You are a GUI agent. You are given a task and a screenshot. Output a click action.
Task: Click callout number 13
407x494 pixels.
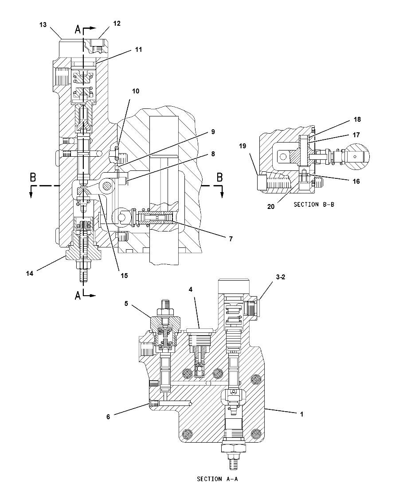pyautogui.click(x=43, y=25)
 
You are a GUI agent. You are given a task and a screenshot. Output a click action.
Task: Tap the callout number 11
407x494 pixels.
pyautogui.click(x=138, y=50)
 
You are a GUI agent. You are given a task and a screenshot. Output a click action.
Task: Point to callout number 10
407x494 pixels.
pyautogui.click(x=135, y=91)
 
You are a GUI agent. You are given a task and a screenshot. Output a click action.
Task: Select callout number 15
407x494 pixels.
pyautogui.click(x=124, y=275)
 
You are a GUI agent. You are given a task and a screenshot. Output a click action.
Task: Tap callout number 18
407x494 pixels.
pyautogui.click(x=357, y=120)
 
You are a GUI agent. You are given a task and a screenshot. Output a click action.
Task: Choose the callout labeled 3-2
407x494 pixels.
pyautogui.click(x=280, y=278)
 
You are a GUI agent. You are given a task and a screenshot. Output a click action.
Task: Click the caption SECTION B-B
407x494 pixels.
pyautogui.click(x=312, y=205)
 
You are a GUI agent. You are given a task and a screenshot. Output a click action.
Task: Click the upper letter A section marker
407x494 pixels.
pyautogui.click(x=78, y=30)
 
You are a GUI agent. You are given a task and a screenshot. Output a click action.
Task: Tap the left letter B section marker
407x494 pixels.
pyautogui.click(x=32, y=177)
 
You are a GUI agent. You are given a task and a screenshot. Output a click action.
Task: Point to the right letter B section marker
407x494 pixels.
pyautogui.click(x=219, y=177)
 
